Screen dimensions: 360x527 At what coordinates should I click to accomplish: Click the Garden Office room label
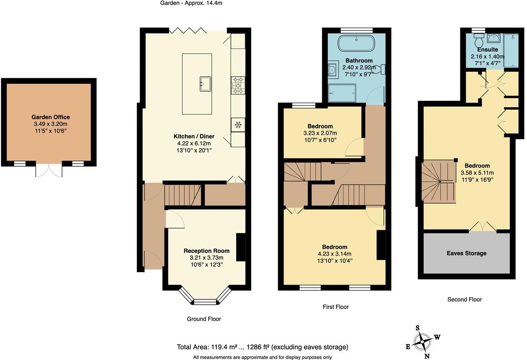pos(50,117)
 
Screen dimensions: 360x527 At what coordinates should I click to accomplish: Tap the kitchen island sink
pos(206,83)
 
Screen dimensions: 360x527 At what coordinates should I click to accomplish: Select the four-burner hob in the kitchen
pos(238,85)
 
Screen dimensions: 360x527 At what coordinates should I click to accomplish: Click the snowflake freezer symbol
pos(238,124)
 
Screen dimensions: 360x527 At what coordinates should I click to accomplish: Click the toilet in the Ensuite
pos(479,41)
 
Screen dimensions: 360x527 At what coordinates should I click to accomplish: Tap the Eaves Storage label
pos(466,253)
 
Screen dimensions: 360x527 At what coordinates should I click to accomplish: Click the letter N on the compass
pos(427,356)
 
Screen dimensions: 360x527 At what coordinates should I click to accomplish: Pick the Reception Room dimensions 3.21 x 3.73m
pos(206,257)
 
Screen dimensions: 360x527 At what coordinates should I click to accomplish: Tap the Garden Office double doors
pos(49,170)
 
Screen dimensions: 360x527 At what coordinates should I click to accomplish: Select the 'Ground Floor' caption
pos(203,319)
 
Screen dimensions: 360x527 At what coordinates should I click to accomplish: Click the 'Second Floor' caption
pos(464,299)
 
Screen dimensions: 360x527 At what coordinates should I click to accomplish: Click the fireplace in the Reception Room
pos(241,247)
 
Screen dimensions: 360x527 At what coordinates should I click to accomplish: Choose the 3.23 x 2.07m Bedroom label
pos(320,126)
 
